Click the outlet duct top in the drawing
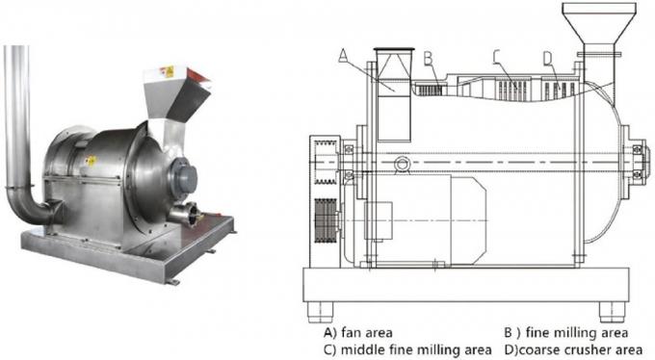[392, 52]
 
